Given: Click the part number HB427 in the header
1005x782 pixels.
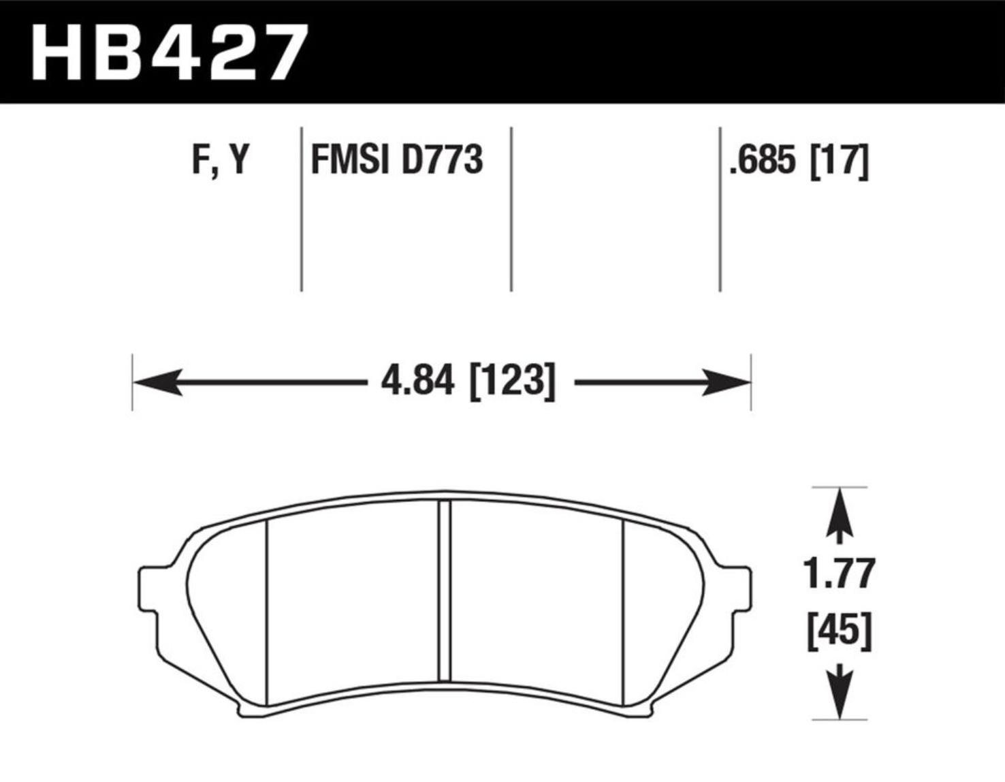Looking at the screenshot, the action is (170, 52).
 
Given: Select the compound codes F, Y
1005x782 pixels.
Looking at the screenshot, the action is (221, 160).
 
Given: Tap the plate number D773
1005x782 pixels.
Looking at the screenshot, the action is (443, 159).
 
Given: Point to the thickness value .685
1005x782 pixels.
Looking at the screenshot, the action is (762, 160).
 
